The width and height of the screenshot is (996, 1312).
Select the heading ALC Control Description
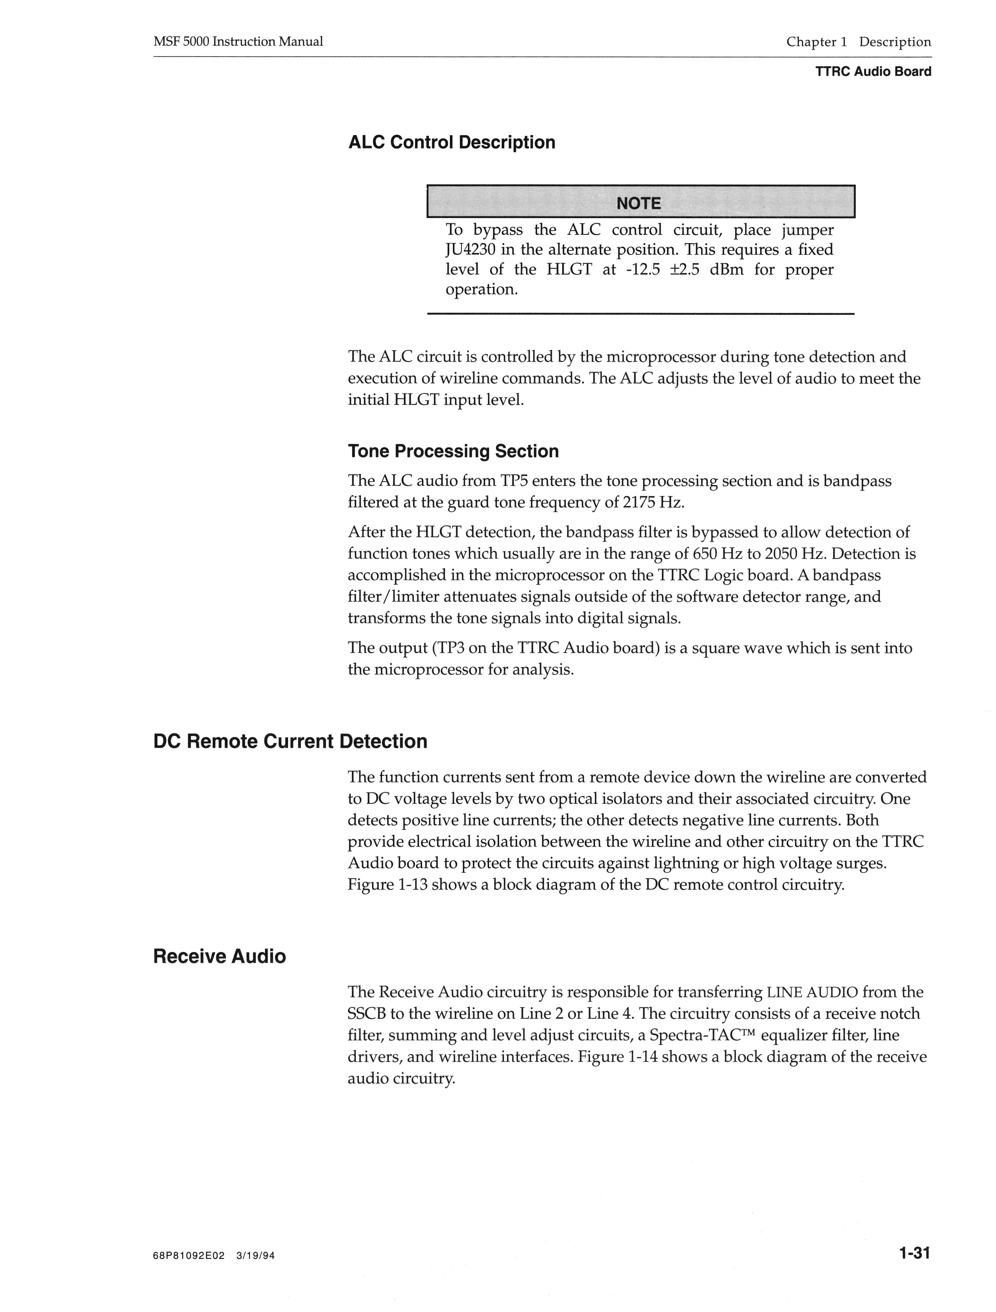pyautogui.click(x=452, y=142)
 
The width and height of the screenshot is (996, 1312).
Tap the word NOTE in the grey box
pyautogui.click(x=639, y=203)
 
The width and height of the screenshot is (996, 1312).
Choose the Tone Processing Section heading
pyautogui.click(x=453, y=451)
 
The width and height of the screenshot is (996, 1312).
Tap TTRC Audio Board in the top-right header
pyautogui.click(x=873, y=72)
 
